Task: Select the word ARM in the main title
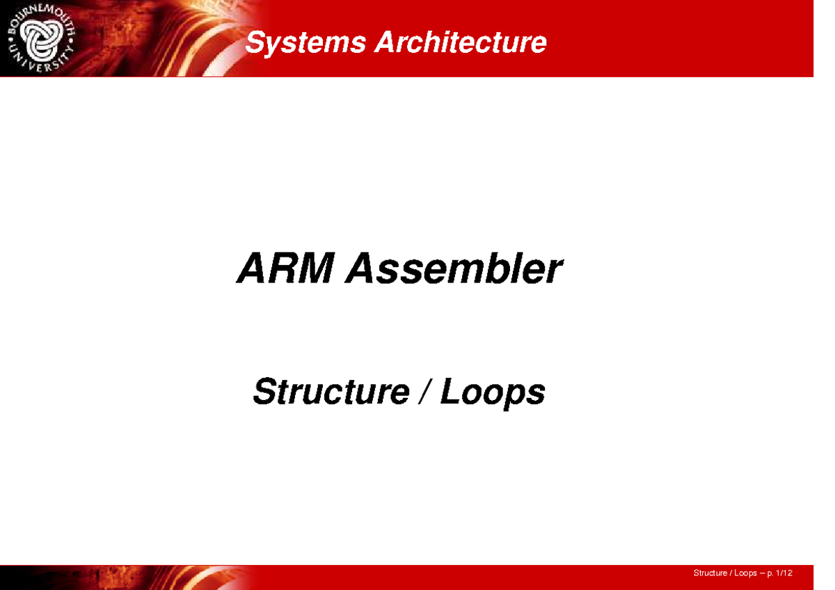[x=286, y=269]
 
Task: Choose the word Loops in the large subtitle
[x=493, y=393]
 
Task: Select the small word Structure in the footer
[x=709, y=573]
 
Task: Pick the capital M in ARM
[x=314, y=269]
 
